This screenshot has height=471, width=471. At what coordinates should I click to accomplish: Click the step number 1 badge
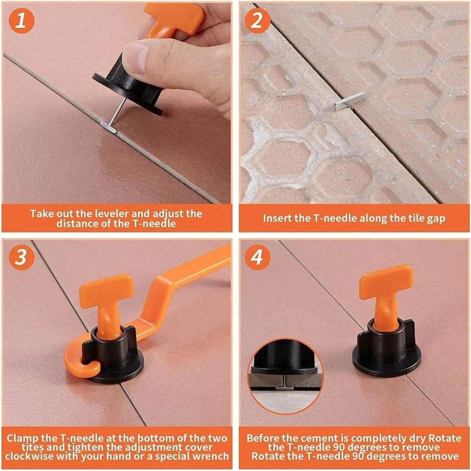pyautogui.click(x=21, y=20)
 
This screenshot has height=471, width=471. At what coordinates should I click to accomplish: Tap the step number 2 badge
pyautogui.click(x=258, y=20)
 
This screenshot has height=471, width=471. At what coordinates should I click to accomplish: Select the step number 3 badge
pyautogui.click(x=21, y=257)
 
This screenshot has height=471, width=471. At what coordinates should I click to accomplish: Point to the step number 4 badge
pyautogui.click(x=258, y=257)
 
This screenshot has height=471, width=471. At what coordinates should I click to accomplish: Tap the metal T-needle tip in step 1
pyautogui.click(x=109, y=126)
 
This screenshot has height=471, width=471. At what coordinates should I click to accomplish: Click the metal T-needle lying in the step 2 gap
pyautogui.click(x=349, y=101)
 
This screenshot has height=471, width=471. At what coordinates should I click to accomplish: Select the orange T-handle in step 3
pyautogui.click(x=106, y=292)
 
